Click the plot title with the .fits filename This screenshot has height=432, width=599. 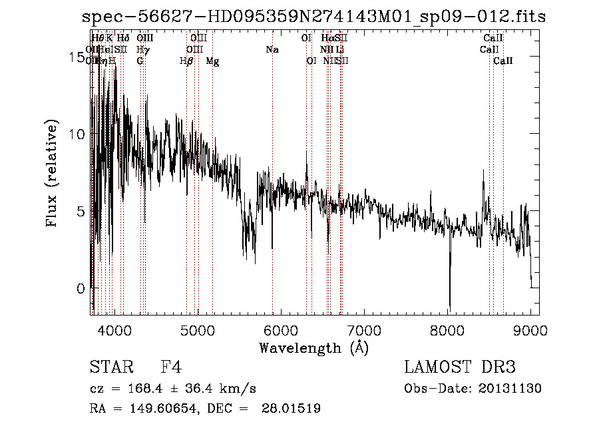(x=313, y=17)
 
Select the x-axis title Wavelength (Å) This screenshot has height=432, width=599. (x=313, y=347)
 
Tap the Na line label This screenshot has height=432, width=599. (x=272, y=50)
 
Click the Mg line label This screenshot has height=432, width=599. (x=213, y=61)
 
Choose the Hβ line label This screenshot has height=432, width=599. (x=186, y=61)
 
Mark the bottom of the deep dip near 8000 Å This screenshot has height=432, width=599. (x=449, y=309)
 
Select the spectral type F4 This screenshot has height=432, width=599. (x=171, y=367)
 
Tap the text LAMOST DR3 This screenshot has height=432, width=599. (x=459, y=367)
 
